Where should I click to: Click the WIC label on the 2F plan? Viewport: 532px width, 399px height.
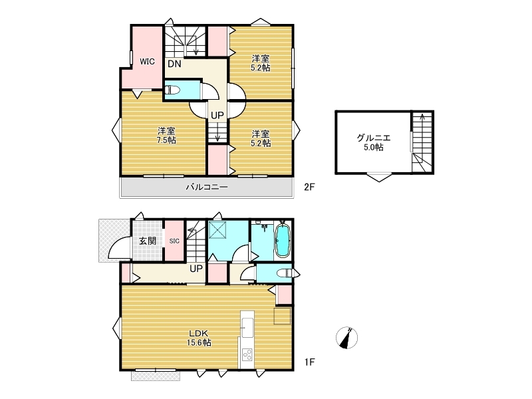tap(147, 62)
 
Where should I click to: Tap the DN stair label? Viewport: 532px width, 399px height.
tap(174, 64)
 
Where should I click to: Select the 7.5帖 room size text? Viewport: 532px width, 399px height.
tap(166, 140)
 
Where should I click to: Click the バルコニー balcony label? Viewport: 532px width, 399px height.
tap(207, 187)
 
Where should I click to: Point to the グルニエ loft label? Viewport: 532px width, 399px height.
tap(374, 138)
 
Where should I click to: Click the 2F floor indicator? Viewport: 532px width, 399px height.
tap(309, 187)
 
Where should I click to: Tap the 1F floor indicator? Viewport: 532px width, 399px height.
tap(309, 362)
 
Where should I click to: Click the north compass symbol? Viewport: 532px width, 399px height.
tap(346, 338)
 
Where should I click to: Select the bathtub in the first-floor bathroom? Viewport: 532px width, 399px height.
tap(282, 241)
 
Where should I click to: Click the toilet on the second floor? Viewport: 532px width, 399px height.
tap(172, 90)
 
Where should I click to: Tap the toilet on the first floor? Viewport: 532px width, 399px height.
tap(285, 273)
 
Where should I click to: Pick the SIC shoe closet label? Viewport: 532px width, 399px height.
tap(174, 241)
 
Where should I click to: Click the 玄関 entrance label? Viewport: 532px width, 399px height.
tap(148, 241)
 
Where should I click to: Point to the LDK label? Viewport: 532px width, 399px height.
tap(198, 333)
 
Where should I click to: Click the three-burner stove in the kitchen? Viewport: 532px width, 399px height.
tap(247, 355)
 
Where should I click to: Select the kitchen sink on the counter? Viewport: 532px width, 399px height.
tap(247, 328)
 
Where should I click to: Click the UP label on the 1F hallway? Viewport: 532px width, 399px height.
tap(196, 269)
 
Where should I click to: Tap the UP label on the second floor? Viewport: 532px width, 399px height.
tap(217, 115)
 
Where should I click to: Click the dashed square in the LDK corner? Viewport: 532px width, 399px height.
tap(282, 316)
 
